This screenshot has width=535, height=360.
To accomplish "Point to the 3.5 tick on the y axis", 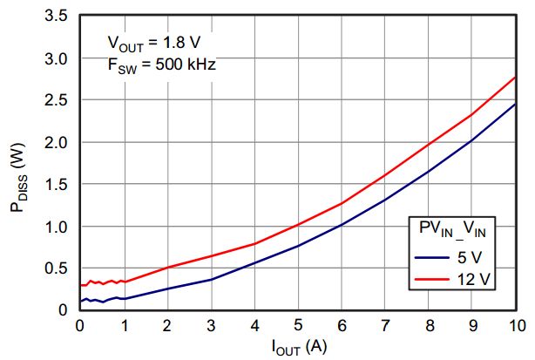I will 58,17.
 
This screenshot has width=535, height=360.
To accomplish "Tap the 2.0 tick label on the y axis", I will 58,142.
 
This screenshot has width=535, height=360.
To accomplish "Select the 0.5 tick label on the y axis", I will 58,268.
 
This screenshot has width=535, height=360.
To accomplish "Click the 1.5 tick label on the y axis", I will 58,184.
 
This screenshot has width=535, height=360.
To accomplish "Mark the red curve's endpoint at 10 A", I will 515,78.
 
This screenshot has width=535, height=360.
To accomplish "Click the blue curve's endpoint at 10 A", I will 515,105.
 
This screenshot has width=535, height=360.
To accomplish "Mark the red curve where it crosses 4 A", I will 254,244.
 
